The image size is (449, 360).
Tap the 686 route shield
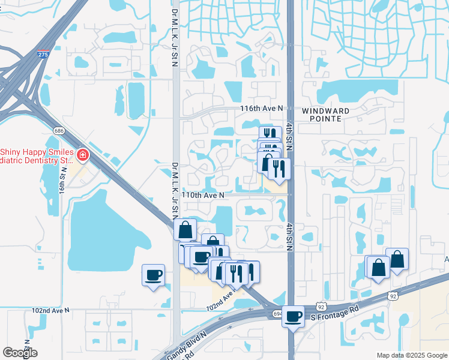(x=58, y=130)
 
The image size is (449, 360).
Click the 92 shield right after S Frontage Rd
(x=391, y=296)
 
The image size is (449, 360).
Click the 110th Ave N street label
(x=203, y=195)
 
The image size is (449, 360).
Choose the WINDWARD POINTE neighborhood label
(x=330, y=115)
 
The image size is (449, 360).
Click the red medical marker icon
(x=82, y=157)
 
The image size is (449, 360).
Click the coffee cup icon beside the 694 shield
(x=293, y=316)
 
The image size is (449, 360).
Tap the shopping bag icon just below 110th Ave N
(x=185, y=229)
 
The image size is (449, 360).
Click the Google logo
(x=20, y=352)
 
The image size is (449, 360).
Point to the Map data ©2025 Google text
(x=411, y=355)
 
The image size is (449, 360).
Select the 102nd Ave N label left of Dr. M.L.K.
(x=50, y=310)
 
